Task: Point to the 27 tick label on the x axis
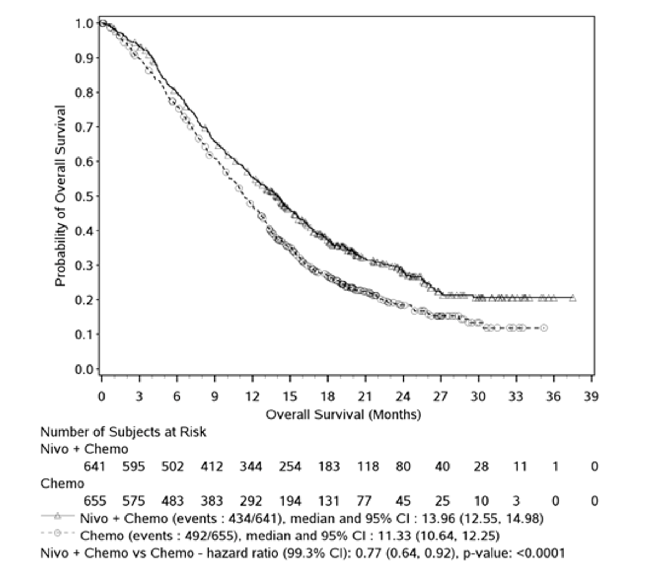point(440,397)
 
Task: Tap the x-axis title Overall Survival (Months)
point(343,414)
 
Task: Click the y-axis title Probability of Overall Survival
point(60,196)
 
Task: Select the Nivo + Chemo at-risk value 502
point(173,466)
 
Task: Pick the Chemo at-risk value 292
point(251,501)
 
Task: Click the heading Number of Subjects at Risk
point(123,432)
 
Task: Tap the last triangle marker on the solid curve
point(573,298)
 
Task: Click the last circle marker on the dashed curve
point(544,328)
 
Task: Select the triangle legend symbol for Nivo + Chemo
point(57,517)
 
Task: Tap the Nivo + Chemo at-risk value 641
point(95,466)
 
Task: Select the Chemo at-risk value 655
point(95,501)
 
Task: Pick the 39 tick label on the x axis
point(591,397)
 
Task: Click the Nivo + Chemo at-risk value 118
point(368,466)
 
